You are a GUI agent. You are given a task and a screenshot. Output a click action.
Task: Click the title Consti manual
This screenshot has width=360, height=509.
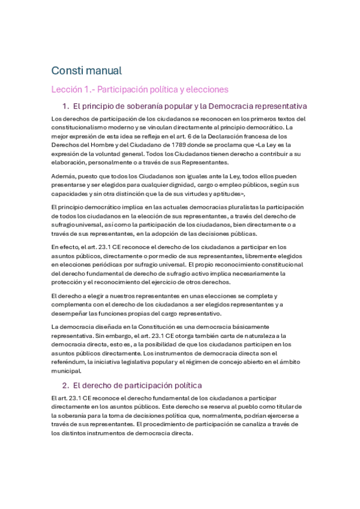[x=86, y=70]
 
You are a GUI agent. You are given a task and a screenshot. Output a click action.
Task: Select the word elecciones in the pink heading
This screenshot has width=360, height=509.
[x=207, y=89]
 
